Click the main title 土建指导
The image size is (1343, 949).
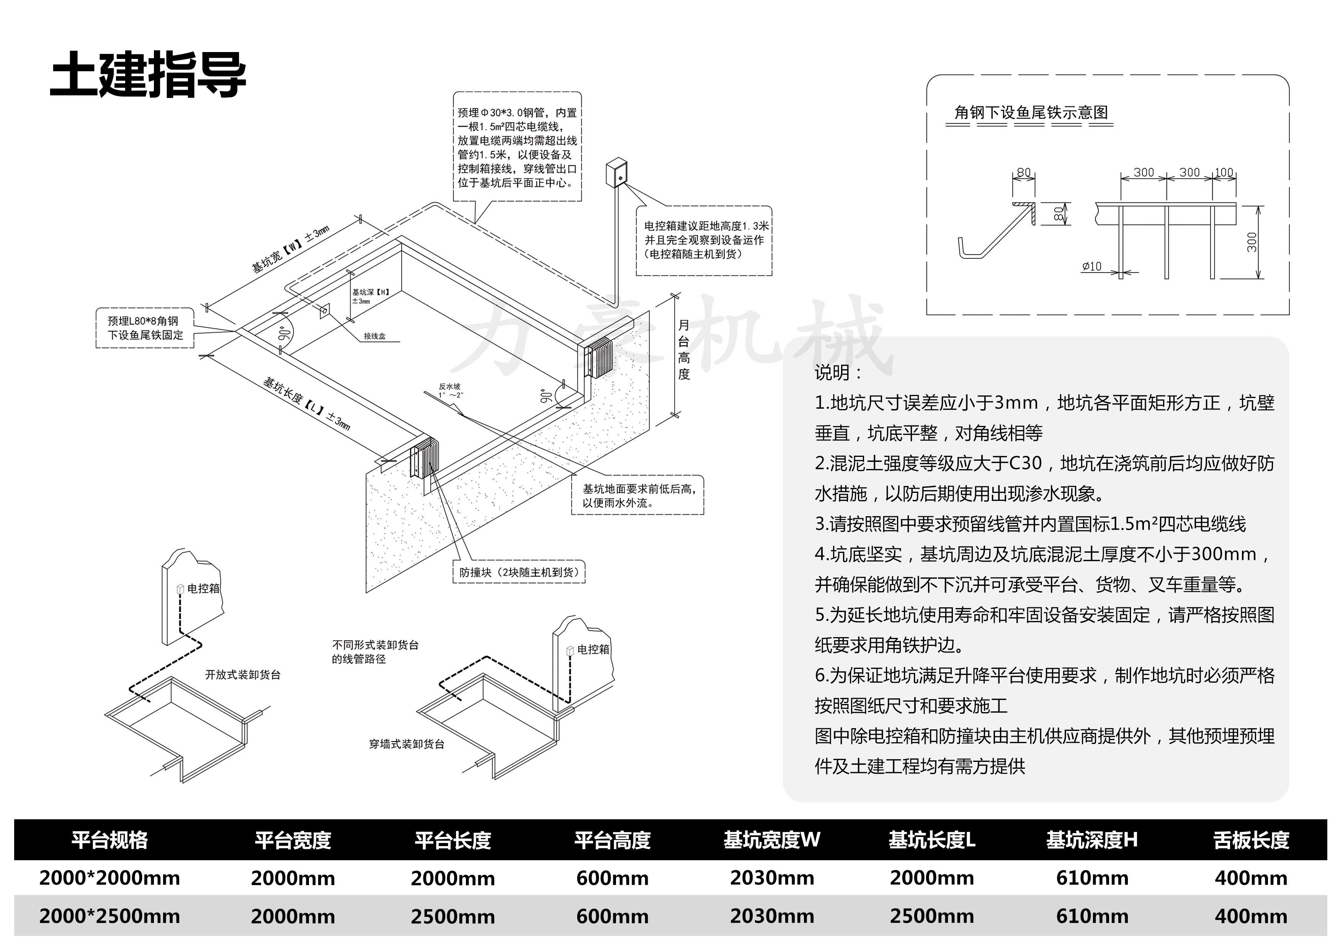tap(148, 75)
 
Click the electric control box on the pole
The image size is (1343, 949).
tap(617, 173)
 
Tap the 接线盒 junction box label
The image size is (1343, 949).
tap(374, 336)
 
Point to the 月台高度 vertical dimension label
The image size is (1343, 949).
tap(683, 350)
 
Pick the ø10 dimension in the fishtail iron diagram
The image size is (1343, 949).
tap(1091, 267)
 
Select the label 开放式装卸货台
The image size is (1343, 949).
tap(243, 675)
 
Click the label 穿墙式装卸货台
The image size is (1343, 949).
tap(407, 744)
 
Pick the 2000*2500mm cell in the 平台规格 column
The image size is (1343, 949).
tap(109, 916)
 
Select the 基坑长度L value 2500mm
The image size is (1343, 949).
tap(932, 916)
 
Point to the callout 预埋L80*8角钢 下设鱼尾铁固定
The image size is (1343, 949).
tap(145, 328)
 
